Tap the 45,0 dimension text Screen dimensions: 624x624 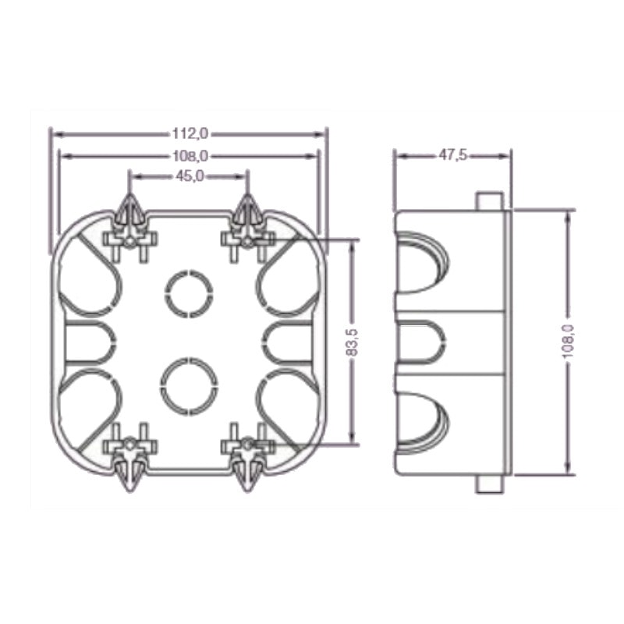pyautogui.click(x=189, y=177)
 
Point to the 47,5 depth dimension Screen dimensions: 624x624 pyautogui.click(x=452, y=155)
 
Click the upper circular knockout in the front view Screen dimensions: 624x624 pyautogui.click(x=189, y=293)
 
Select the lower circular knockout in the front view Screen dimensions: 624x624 pyautogui.click(x=189, y=383)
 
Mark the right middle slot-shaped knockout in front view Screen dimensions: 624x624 pyautogui.click(x=290, y=342)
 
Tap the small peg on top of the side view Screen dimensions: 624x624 pyautogui.click(x=488, y=200)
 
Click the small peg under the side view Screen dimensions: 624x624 pyautogui.click(x=488, y=484)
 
